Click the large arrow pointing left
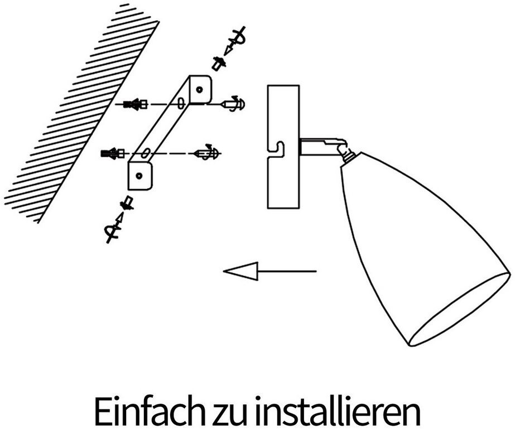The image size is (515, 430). pyautogui.click(x=268, y=272)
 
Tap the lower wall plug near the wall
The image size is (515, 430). pyautogui.click(x=112, y=153)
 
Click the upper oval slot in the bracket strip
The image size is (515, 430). pyautogui.click(x=181, y=104)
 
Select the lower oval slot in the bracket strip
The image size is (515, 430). pyautogui.click(x=144, y=153)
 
